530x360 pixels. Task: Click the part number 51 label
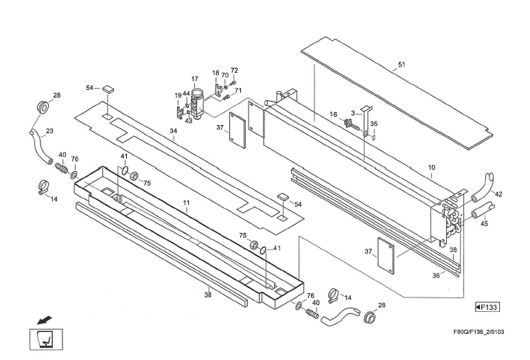click(x=401, y=66)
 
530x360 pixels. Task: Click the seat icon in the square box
click(x=46, y=339)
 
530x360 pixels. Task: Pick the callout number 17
click(x=195, y=79)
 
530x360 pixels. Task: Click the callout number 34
click(x=174, y=139)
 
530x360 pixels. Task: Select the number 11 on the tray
click(x=185, y=204)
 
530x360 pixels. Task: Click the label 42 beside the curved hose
click(x=498, y=194)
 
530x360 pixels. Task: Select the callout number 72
click(x=234, y=71)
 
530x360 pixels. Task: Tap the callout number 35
click(x=373, y=124)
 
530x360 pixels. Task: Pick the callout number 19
click(x=178, y=95)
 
